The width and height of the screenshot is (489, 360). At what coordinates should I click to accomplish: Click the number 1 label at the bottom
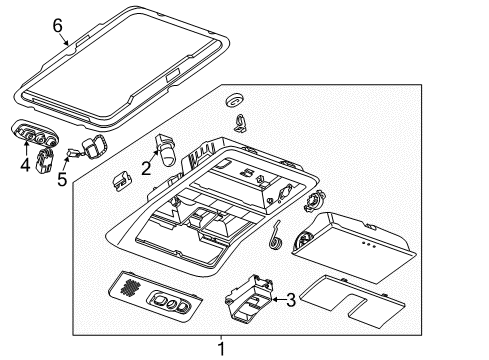(x=222, y=348)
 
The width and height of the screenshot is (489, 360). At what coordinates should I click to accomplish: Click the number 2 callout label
(x=146, y=169)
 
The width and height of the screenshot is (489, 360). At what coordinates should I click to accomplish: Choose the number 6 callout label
(x=57, y=24)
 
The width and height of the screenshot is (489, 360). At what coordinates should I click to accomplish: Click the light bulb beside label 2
(x=166, y=147)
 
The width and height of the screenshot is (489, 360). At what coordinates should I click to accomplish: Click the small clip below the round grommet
(x=242, y=124)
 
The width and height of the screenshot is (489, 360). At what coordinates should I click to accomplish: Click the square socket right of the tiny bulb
(x=95, y=145)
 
